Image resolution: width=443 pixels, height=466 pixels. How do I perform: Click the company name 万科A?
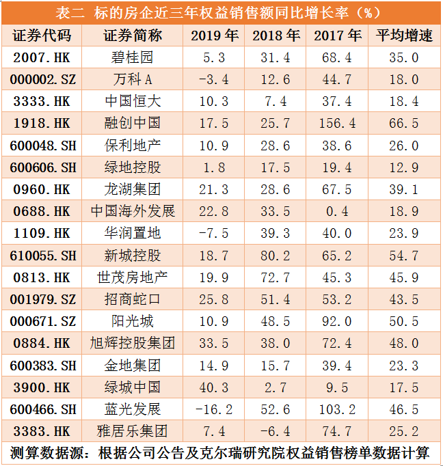tap(133, 79)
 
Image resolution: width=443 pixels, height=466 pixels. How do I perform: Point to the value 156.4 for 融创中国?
tap(338, 123)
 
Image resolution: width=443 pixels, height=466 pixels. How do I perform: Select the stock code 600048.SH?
tap(42, 146)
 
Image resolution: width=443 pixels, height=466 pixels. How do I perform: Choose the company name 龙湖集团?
tap(133, 189)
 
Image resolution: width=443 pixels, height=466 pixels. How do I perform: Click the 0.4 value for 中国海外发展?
tap(338, 211)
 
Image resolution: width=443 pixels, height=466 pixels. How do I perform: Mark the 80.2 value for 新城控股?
tap(276, 256)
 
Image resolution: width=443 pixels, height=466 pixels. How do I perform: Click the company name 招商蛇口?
tap(133, 299)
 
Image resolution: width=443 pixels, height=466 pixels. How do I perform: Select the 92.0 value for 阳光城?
tap(338, 321)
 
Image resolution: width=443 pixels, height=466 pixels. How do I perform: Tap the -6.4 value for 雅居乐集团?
tap(276, 431)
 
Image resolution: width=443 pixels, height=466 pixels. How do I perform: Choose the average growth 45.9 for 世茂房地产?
tap(404, 277)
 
